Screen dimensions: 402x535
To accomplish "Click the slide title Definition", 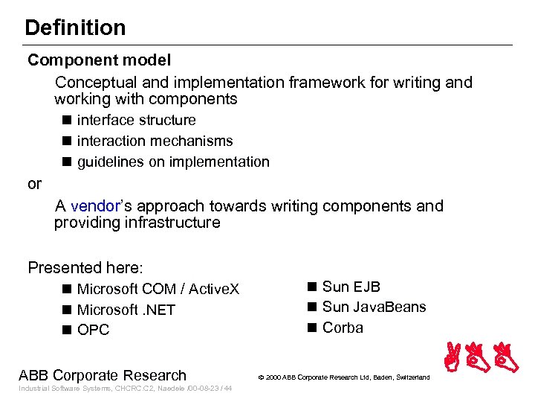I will [x=75, y=28].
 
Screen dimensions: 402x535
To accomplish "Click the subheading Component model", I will [x=99, y=60].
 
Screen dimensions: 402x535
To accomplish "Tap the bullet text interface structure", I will [x=136, y=120].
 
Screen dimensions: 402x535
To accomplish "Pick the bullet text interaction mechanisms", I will [x=155, y=141].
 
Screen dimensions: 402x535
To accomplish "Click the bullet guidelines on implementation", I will [x=173, y=162].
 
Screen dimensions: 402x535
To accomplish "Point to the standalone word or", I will [x=35, y=184].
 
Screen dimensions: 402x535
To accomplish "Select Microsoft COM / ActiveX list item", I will [x=158, y=289].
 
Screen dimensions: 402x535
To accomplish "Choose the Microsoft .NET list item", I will [x=126, y=310].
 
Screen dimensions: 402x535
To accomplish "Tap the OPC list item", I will [x=93, y=330].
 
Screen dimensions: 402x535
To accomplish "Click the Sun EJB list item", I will [x=351, y=287].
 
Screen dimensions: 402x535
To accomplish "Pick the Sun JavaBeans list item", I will [x=374, y=307].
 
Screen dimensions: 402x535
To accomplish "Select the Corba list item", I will [x=343, y=328].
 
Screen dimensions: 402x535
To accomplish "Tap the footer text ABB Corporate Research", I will [x=103, y=375].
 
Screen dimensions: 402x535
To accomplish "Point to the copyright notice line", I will [x=343, y=377].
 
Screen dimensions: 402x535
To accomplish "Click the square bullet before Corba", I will [x=312, y=328].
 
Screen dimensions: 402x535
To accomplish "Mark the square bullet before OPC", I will [x=67, y=330].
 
